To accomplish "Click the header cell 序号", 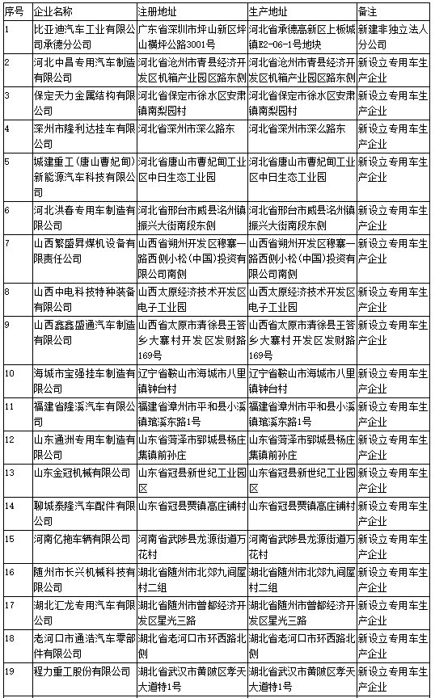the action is click(14, 12).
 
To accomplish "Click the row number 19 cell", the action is click(10, 671).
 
